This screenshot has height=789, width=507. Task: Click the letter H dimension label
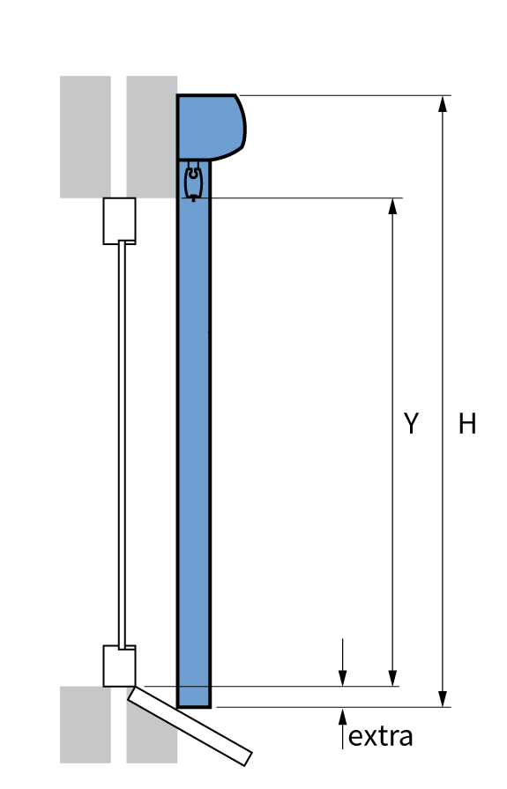[467, 423]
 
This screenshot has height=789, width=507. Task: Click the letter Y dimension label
[412, 423]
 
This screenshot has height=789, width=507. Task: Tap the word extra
[380, 737]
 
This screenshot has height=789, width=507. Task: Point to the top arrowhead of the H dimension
[443, 103]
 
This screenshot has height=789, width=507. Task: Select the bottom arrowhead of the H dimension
[443, 698]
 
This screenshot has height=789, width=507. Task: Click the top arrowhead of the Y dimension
[392, 206]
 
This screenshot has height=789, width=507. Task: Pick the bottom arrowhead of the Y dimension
[392, 678]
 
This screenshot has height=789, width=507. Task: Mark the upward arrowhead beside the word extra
[343, 716]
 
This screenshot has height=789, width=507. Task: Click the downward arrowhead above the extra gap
[343, 677]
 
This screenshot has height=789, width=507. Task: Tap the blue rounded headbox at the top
[211, 127]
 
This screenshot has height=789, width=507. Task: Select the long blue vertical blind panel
[194, 433]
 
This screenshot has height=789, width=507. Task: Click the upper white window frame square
[119, 221]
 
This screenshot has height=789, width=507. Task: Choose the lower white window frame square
[119, 666]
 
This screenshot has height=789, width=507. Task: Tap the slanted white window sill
[190, 726]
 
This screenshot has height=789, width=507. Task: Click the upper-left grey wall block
[85, 137]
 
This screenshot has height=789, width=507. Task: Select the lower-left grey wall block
[85, 725]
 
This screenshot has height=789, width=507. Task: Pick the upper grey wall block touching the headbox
[152, 137]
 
